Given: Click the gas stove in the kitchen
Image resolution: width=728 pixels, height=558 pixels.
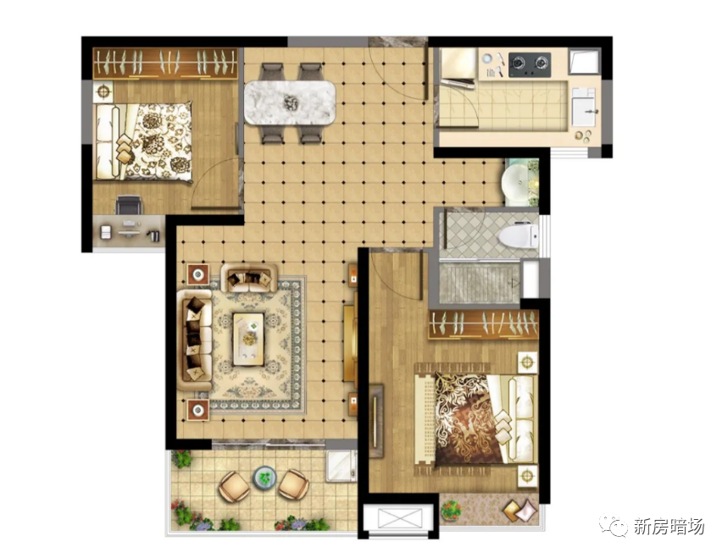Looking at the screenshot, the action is (530, 65).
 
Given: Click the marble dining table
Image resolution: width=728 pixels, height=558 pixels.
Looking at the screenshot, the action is (290, 102).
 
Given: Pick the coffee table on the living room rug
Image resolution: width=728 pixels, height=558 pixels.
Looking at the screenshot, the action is (248, 340).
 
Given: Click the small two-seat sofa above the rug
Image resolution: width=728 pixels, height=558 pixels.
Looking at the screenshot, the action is (249, 278).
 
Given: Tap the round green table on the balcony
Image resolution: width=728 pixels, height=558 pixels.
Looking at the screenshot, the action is (264, 478).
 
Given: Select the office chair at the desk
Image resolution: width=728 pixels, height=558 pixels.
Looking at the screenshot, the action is (128, 205).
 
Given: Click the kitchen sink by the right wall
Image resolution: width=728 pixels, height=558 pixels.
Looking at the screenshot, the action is (583, 107).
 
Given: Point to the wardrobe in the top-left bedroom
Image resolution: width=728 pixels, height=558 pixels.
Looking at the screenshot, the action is (166, 64).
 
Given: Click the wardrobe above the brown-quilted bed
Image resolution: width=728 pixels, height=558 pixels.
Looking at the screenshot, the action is (483, 323).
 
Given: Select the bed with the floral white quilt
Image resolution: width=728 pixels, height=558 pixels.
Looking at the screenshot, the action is (143, 141).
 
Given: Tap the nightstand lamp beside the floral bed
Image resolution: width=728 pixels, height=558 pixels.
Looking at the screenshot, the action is (103, 91).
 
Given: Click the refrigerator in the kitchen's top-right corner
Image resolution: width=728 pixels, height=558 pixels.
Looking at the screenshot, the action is (585, 61).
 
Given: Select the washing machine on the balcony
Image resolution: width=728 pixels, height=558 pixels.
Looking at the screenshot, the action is (342, 466).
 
